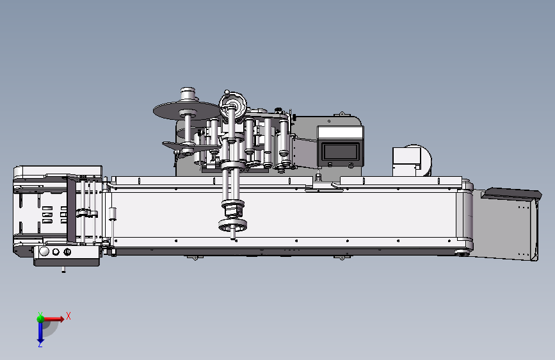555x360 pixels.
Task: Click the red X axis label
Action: pyautogui.click(x=68, y=316)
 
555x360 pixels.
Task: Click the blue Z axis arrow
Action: pyautogui.click(x=40, y=333)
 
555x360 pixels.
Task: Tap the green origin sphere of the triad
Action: pyautogui.click(x=40, y=318)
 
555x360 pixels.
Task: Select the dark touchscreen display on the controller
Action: pyautogui.click(x=340, y=152)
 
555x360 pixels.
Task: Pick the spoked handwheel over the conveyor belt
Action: pyautogui.click(x=232, y=225)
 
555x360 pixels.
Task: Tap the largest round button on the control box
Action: pyautogui.click(x=44, y=252)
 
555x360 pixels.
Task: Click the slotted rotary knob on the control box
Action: pyautogui.click(x=67, y=252)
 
